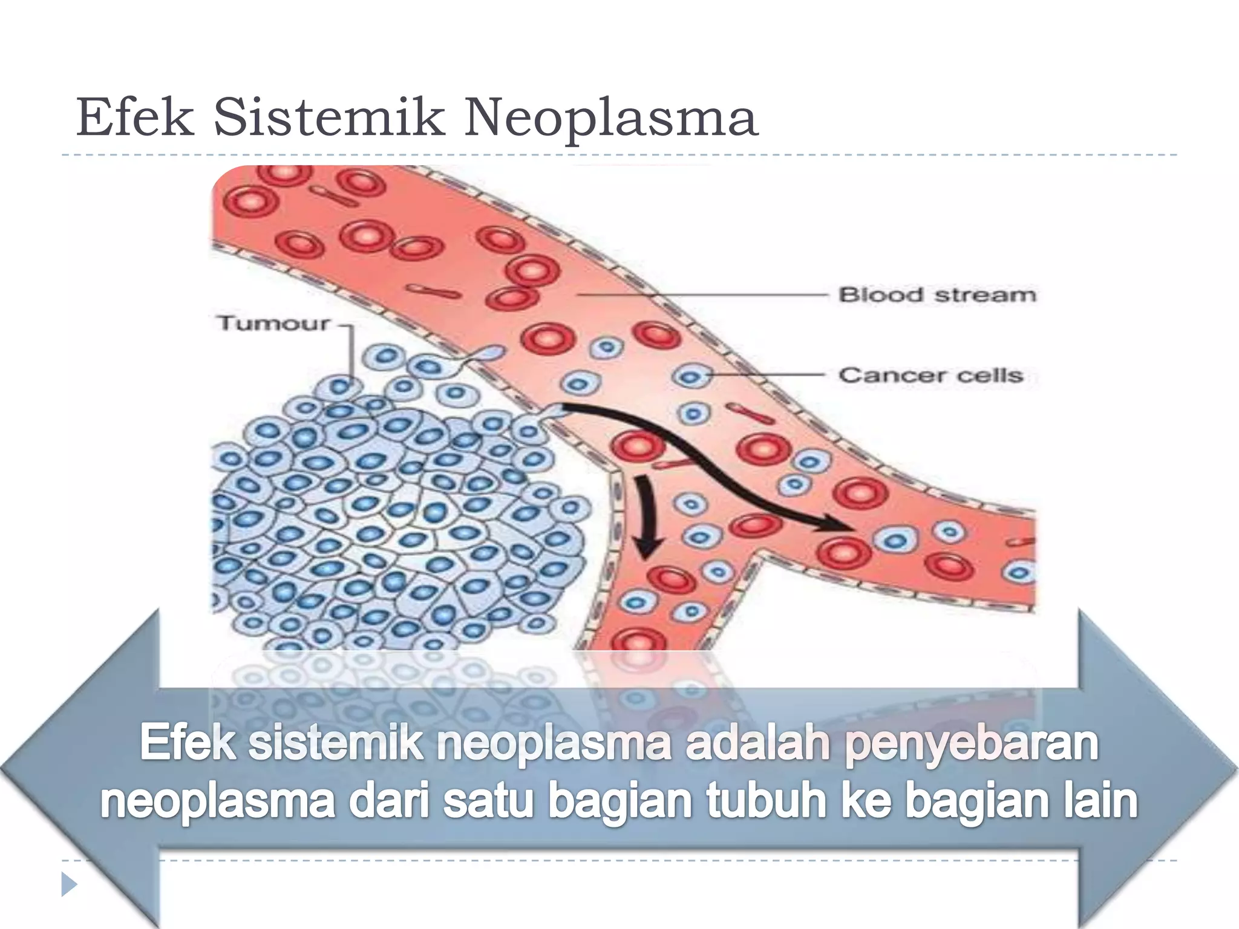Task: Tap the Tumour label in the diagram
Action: pos(273,324)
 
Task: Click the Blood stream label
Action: pos(937,295)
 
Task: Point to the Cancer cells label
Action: pos(930,376)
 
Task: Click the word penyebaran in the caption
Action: pos(970,744)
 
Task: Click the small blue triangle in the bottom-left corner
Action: pos(69,884)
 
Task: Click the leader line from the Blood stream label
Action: pos(702,295)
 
